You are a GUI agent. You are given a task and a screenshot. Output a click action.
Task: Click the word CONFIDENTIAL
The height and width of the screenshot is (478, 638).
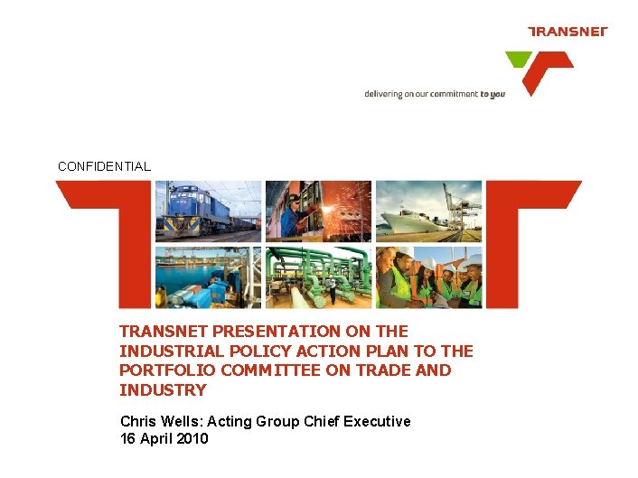click(104, 166)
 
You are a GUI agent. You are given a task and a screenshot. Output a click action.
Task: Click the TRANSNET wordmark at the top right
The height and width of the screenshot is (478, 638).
click(568, 32)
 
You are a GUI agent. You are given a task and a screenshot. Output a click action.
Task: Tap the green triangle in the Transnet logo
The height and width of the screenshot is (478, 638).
click(518, 60)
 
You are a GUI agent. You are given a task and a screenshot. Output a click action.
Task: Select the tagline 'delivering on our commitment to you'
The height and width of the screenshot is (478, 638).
click(435, 94)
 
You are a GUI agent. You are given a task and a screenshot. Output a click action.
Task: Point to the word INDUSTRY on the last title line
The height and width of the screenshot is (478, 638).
click(163, 390)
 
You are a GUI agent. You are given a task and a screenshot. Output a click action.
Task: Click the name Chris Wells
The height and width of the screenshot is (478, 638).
click(155, 421)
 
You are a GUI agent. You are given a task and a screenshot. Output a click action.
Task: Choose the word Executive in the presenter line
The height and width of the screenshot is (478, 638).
click(379, 421)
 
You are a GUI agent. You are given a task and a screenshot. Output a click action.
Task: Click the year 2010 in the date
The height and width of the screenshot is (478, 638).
click(191, 439)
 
